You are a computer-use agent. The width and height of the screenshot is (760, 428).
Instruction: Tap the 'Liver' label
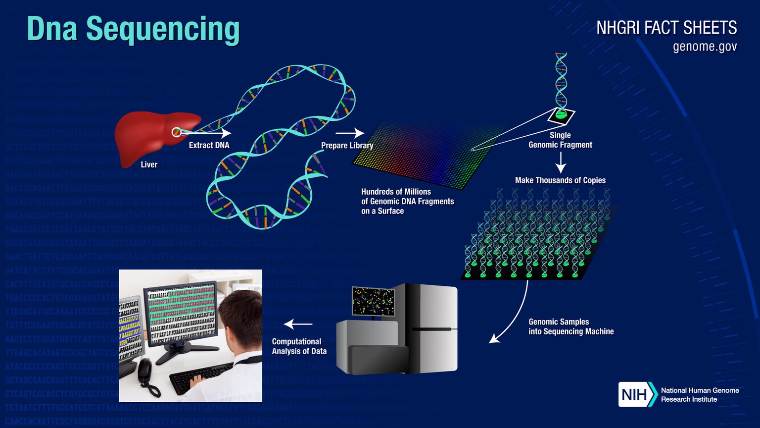click(x=149, y=164)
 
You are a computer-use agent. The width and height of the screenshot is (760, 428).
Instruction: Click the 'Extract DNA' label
click(x=209, y=145)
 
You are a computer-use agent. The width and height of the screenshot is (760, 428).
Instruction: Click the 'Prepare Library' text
click(x=347, y=145)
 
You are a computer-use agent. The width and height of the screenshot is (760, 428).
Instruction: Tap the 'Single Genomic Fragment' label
click(x=560, y=140)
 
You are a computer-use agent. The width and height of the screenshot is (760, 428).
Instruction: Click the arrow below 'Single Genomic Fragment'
click(x=560, y=162)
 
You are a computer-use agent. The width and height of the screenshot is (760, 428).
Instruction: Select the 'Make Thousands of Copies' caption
click(x=560, y=180)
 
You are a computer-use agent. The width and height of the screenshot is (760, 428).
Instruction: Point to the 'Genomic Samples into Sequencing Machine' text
click(x=571, y=326)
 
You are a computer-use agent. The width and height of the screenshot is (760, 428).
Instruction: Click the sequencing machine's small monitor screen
click(x=373, y=301)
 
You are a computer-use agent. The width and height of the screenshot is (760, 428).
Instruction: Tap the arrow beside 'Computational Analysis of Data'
click(x=298, y=324)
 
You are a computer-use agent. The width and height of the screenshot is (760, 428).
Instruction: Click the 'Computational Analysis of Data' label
click(x=299, y=346)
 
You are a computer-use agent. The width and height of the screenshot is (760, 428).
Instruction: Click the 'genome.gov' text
click(x=705, y=47)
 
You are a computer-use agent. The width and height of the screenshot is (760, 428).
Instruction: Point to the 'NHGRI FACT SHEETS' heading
click(x=666, y=28)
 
